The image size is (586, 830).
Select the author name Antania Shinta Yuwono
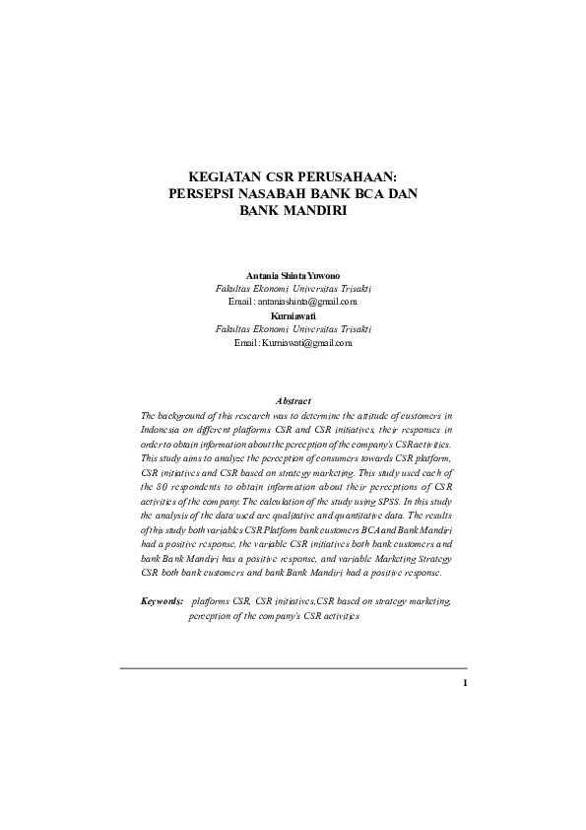[x=293, y=275]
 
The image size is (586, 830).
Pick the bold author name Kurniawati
[x=293, y=314]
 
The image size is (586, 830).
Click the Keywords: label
[x=162, y=599]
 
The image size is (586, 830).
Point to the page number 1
[x=464, y=683]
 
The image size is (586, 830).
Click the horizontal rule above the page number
[x=293, y=668]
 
